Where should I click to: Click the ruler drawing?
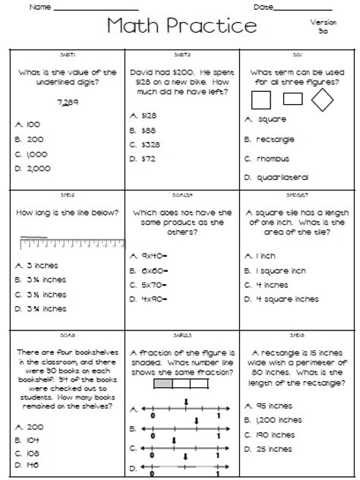pyautogui.click(x=71, y=243)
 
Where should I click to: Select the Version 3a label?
pyautogui.click(x=323, y=27)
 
